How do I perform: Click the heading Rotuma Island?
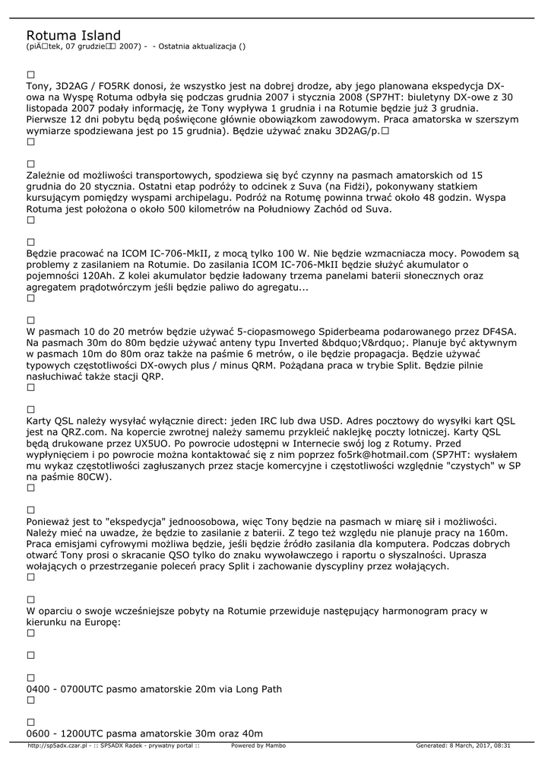click(x=73, y=36)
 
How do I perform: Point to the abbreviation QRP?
click(x=150, y=376)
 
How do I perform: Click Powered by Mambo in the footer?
click(x=258, y=746)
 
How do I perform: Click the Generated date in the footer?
click(x=463, y=746)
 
